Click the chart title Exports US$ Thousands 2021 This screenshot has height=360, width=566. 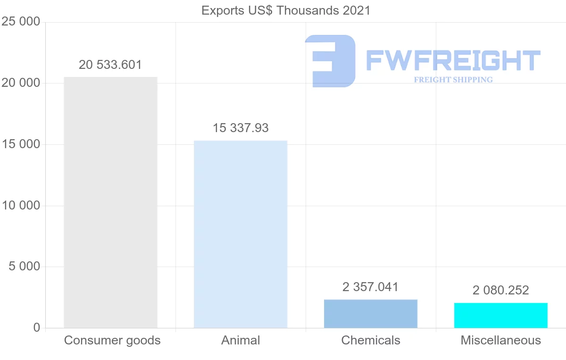286,10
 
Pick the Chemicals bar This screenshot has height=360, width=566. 371,313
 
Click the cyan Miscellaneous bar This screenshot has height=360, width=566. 501,315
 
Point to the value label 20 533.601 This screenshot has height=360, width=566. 110,65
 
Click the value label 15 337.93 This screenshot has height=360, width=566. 241,128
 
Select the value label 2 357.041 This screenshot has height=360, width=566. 371,287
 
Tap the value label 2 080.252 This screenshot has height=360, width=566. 501,290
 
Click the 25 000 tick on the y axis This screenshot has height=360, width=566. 21,22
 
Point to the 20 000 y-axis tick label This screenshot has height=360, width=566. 21,84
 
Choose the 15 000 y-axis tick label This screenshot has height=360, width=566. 21,144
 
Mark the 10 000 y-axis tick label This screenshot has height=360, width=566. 21,206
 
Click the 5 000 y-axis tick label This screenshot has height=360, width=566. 25,267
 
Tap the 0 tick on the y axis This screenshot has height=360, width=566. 37,328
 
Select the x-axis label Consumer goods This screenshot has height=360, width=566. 112,341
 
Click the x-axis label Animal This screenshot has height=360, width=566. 241,341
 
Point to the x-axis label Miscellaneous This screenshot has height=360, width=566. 501,341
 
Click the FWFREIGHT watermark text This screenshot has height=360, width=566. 453,60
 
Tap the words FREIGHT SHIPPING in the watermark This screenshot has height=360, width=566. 453,80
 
